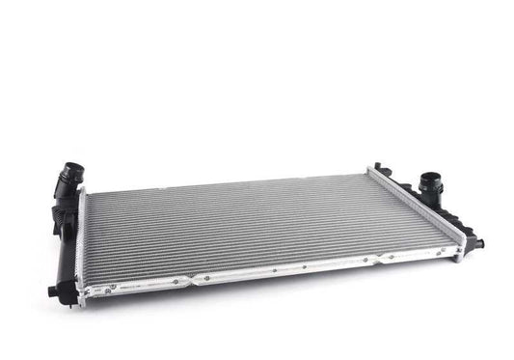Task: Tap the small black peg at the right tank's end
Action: [x=478, y=244]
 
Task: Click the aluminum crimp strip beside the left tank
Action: [x=81, y=246]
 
